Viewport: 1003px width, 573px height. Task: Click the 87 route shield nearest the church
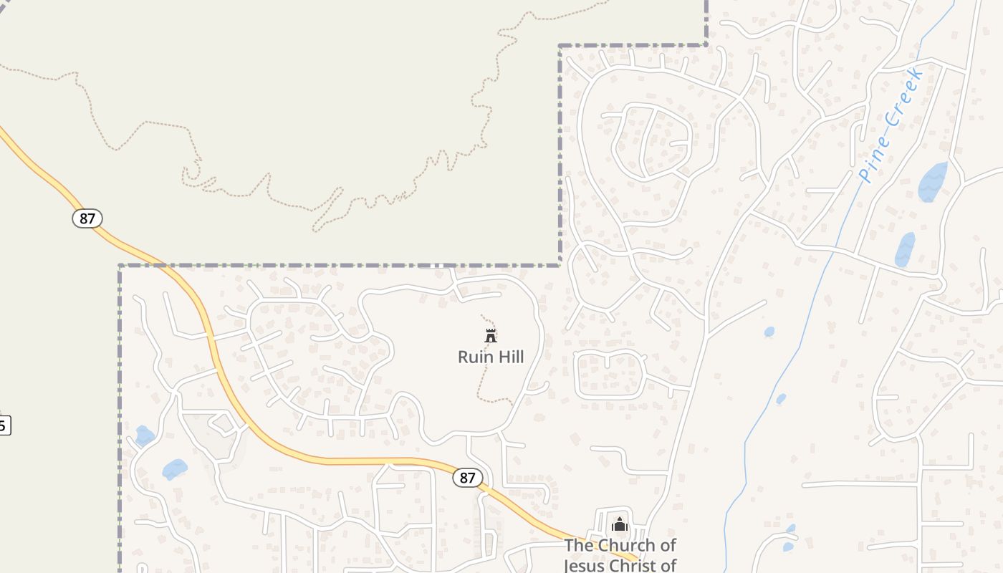[x=467, y=478]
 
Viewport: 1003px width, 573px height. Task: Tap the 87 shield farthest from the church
[x=87, y=218]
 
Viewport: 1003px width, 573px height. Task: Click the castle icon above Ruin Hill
[x=491, y=335]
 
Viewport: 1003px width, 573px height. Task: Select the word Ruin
[x=474, y=357]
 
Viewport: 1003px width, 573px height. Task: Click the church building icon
[x=620, y=524]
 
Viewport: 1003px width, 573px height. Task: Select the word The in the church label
[x=579, y=546]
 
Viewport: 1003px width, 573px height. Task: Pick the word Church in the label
[x=627, y=546]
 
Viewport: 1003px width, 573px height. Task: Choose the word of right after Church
[x=667, y=546]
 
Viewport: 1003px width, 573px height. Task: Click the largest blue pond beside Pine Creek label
[x=932, y=182]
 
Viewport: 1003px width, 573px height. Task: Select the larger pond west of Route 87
[x=174, y=469]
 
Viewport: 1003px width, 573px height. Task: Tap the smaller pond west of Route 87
[x=144, y=435]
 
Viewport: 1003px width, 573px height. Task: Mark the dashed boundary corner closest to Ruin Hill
[x=560, y=265]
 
